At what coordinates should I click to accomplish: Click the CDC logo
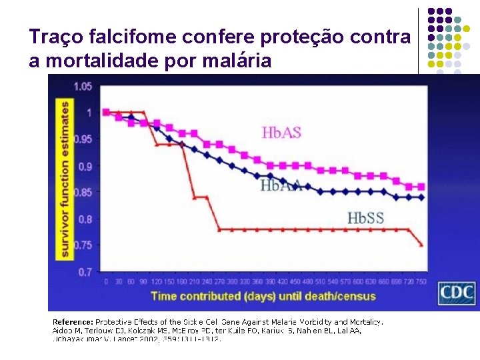[456, 293]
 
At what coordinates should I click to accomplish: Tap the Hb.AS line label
[281, 133]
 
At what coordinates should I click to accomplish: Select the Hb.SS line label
[365, 217]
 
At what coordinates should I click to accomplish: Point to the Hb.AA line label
[281, 186]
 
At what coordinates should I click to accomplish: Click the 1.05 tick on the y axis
[83, 86]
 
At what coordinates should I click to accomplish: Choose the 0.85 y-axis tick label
[83, 193]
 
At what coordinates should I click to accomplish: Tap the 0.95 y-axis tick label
[83, 139]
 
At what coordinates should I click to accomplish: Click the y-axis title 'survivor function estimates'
[65, 179]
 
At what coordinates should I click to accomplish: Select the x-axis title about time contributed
[263, 296]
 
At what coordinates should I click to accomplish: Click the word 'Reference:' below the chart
[73, 321]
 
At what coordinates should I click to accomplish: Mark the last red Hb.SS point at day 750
[421, 245]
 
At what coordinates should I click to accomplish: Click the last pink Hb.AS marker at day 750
[421, 187]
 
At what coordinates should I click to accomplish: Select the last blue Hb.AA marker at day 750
[421, 197]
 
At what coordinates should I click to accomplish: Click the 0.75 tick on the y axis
[83, 245]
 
